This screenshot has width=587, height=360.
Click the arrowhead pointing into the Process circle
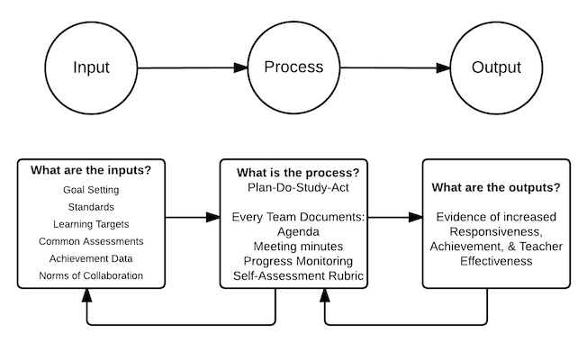click(240, 67)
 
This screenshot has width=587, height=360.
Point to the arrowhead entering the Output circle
click(443, 67)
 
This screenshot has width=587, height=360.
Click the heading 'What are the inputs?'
click(91, 170)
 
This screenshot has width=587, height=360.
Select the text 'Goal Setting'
click(91, 190)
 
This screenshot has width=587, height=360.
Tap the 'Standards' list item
click(91, 207)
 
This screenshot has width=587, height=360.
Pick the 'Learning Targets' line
click(91, 224)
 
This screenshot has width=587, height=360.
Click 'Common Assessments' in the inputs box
click(91, 241)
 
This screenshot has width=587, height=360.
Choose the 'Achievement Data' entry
click(91, 258)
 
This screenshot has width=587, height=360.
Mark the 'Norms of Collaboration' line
click(91, 275)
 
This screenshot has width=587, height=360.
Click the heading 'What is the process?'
click(298, 173)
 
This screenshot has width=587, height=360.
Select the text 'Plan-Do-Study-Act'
click(298, 187)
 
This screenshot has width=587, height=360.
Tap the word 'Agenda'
click(298, 232)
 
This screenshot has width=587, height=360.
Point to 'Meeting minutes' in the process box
click(298, 247)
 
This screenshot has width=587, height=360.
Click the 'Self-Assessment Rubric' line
click(298, 275)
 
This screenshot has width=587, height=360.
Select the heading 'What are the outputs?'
click(496, 187)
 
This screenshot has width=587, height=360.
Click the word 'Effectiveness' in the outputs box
click(496, 261)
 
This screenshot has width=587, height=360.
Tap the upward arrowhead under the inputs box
click(86, 295)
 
